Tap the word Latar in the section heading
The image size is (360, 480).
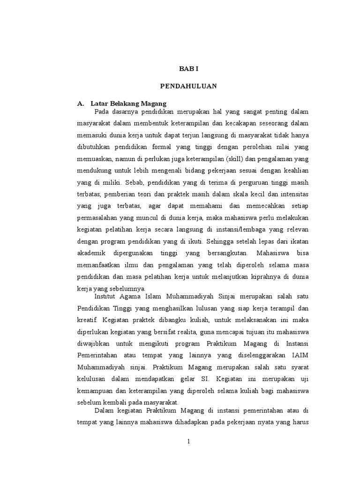[100, 103]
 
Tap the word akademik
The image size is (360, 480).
[92, 254]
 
